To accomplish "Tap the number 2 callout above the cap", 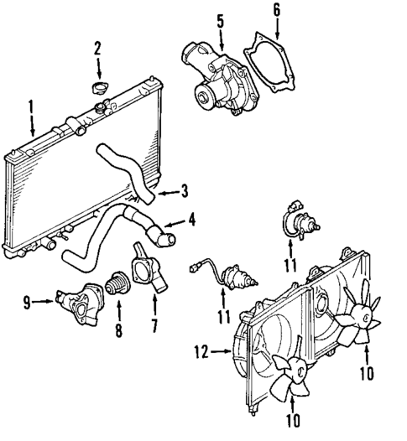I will tap(97, 47).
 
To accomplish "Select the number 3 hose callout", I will tap(185, 192).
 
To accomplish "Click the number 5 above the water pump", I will tap(220, 18).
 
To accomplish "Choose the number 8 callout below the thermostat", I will tap(118, 330).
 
